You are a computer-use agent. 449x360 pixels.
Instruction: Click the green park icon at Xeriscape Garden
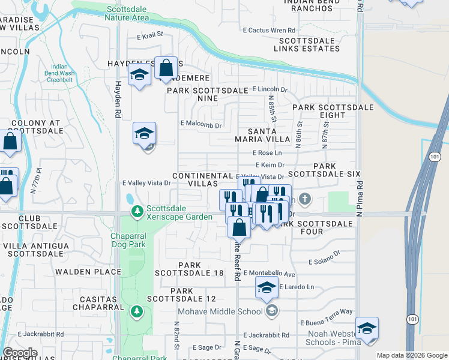click(x=137, y=211)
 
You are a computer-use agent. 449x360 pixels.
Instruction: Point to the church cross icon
click(x=305, y=199)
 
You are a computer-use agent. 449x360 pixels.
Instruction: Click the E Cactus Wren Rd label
click(x=269, y=30)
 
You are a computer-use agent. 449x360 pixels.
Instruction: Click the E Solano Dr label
click(x=324, y=262)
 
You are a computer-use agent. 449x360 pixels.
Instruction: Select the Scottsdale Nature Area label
click(x=127, y=13)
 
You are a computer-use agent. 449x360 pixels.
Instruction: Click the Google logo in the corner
click(x=20, y=353)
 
